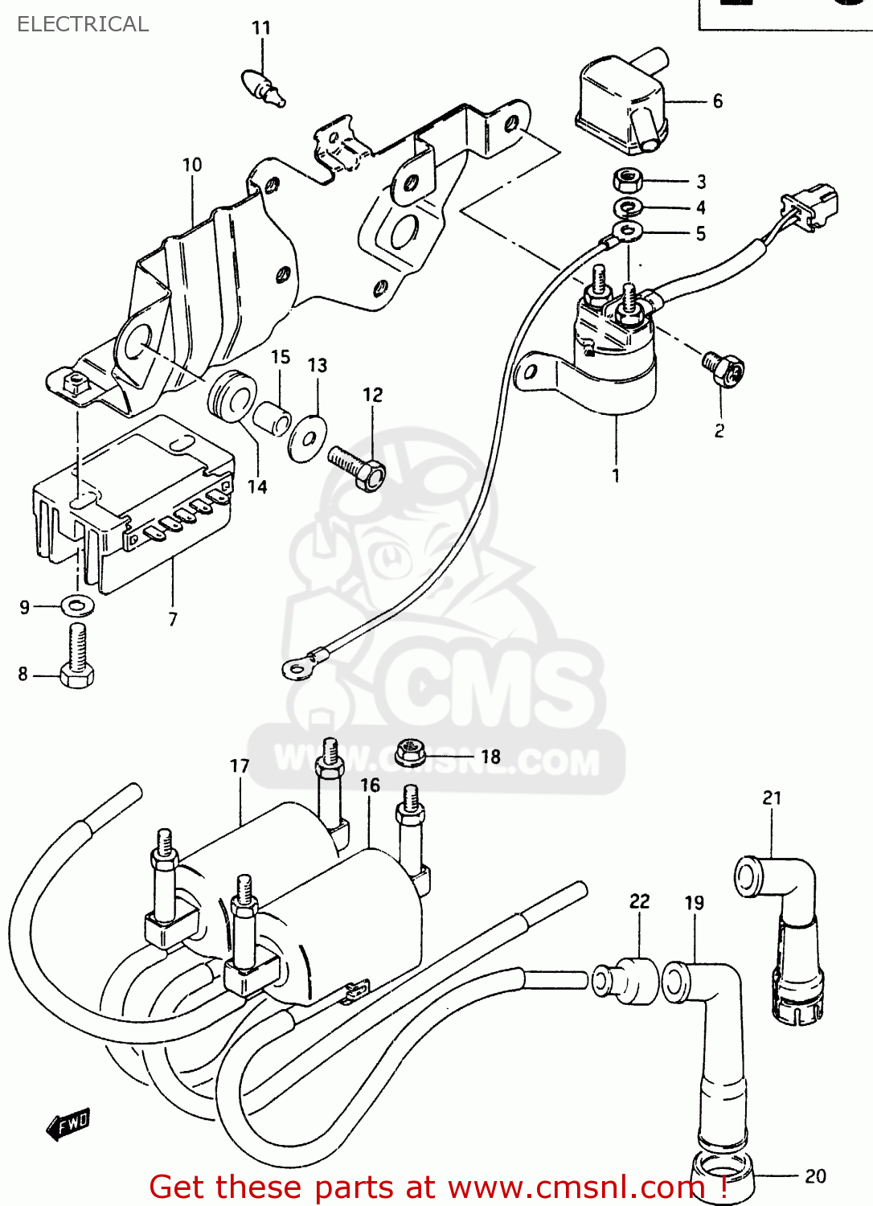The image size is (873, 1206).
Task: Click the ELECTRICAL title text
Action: coord(83,24)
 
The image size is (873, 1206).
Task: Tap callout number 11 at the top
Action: coord(261,28)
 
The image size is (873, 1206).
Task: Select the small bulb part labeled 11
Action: coord(261,87)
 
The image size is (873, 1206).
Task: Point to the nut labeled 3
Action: coord(627,180)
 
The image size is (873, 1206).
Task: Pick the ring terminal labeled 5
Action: coord(626,233)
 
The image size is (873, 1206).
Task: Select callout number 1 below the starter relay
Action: coord(616,475)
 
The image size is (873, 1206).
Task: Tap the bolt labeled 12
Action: coord(359,469)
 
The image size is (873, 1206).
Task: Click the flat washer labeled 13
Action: coord(307,438)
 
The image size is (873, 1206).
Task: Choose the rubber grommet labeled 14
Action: coord(232,396)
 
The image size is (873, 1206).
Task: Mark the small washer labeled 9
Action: coord(76,605)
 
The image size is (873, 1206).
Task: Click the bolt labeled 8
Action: coord(76,657)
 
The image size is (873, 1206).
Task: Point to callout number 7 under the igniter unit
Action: coord(173,619)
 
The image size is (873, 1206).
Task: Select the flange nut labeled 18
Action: coord(410,753)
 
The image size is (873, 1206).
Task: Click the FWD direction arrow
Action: coord(69,1123)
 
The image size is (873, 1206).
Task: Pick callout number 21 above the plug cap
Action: coord(772,798)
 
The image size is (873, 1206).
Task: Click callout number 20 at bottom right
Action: coord(815,1176)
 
